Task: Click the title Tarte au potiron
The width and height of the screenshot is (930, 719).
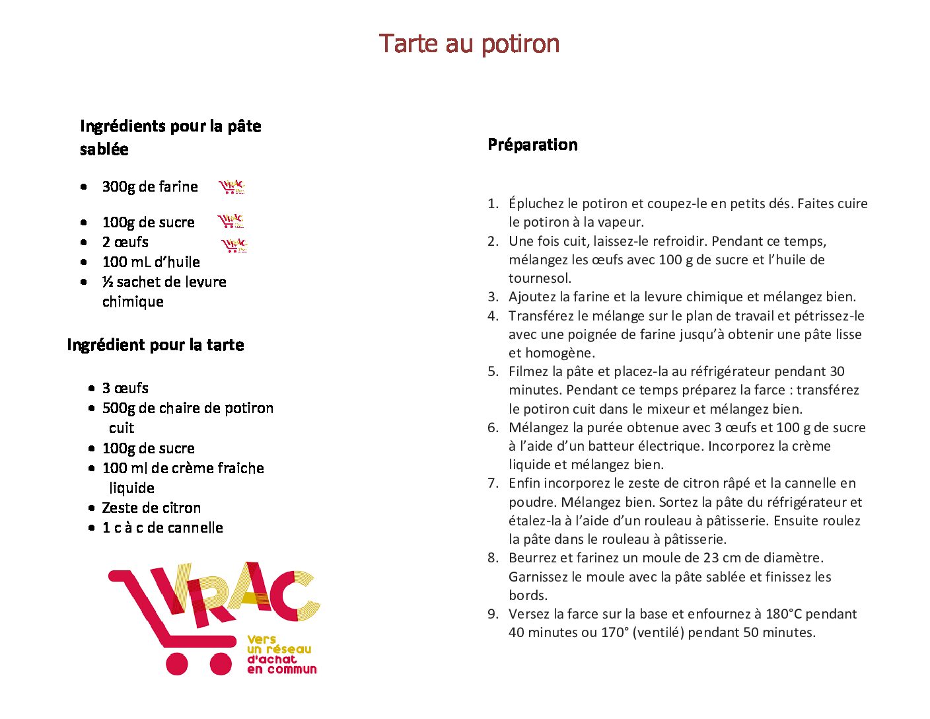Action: coord(469,44)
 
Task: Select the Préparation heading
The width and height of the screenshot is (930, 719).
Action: coord(532,145)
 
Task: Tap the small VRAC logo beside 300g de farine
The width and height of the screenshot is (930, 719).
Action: coord(232,187)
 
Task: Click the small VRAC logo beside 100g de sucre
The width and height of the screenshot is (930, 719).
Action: coord(231,221)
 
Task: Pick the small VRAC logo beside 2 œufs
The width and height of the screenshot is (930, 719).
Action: coord(234,246)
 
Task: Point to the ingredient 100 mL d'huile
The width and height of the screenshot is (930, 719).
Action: coord(151,262)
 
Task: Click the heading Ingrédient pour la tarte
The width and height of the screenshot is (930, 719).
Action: coord(155,345)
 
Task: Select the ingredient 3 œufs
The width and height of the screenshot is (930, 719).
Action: coord(125,388)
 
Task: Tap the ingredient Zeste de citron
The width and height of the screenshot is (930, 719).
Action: coord(151,508)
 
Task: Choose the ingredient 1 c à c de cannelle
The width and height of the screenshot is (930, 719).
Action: coord(162,527)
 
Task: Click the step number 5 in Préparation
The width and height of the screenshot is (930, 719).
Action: coord(493,371)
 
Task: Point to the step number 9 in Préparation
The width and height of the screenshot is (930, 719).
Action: coord(493,614)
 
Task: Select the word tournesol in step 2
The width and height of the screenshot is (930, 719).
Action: coord(540,278)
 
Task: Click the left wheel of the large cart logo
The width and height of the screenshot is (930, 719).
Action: coord(177,663)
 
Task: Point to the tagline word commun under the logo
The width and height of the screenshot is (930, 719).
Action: coord(291,669)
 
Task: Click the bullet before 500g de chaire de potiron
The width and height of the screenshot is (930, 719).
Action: coord(92,408)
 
